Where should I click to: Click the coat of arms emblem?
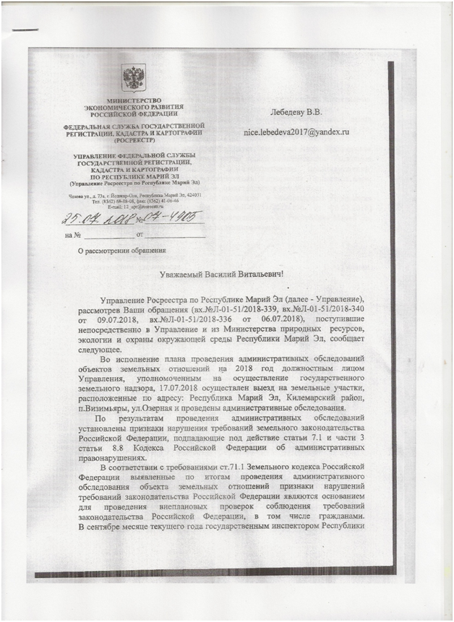click(x=132, y=77)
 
